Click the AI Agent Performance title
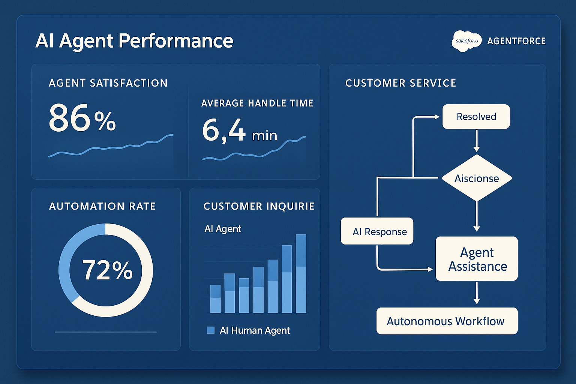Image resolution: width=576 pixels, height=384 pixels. tap(134, 41)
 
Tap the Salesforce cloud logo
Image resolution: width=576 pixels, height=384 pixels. tap(466, 41)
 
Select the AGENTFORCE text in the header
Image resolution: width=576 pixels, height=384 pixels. tap(516, 41)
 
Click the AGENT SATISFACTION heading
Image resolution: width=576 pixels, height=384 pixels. tap(108, 83)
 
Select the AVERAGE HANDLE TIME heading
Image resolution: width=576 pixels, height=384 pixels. tap(257, 103)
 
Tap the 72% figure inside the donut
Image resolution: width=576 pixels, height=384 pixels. tap(107, 270)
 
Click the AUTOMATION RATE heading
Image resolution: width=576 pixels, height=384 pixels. tap(102, 206)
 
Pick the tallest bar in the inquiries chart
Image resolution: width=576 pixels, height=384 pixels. tap(301, 274)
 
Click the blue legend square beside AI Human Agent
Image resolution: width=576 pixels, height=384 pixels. tap(211, 330)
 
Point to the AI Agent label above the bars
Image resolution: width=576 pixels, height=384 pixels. tap(223, 229)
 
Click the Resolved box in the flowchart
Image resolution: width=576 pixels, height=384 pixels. tap(476, 117)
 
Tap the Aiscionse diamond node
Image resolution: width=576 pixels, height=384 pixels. tap(477, 178)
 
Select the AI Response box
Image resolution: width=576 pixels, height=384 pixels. tap(377, 231)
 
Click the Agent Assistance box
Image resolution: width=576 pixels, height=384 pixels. tap(477, 259)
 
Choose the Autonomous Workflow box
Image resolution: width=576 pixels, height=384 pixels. tap(447, 321)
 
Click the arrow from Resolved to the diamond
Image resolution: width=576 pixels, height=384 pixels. tap(477, 141)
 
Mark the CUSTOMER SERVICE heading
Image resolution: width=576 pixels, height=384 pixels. tap(400, 83)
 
